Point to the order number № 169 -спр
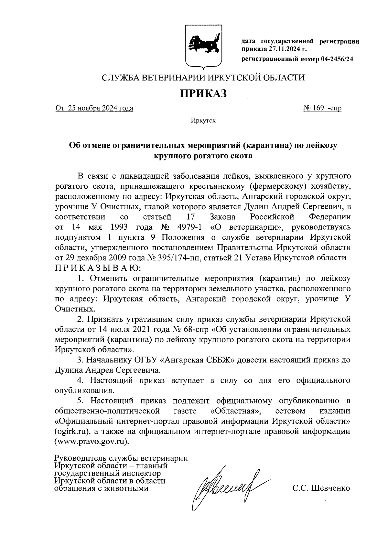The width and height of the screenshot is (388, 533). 322,108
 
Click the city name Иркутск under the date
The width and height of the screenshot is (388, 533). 203,121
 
